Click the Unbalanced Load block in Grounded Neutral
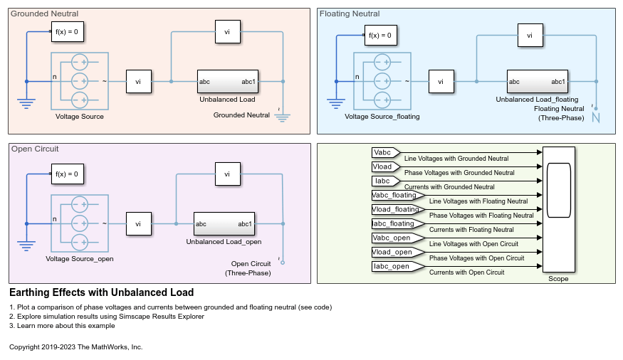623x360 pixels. pos(228,81)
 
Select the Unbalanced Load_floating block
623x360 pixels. pos(538,81)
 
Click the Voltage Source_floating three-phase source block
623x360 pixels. pos(382,81)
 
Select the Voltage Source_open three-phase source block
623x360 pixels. pos(79,223)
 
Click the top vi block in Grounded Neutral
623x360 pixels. pos(227,31)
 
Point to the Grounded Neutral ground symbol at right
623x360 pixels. pos(283,116)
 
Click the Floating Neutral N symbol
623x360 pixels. pos(596,117)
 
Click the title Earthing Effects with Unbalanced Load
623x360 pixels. pos(101,292)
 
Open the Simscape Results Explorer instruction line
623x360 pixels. pos(107,317)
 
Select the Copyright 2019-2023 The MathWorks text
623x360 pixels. pos(76,347)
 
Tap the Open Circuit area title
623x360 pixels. pos(35,149)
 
